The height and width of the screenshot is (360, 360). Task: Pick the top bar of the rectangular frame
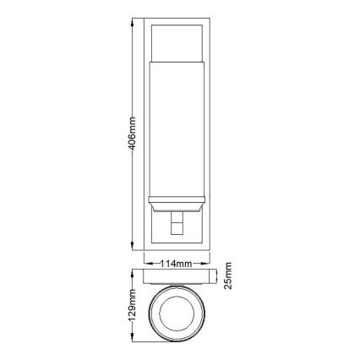click(178, 19)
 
